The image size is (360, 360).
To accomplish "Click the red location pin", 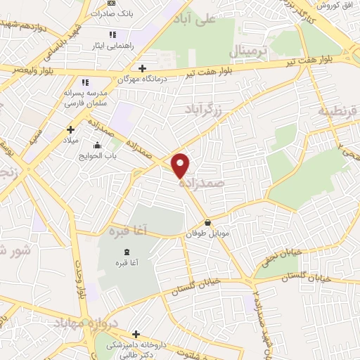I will click(x=181, y=165).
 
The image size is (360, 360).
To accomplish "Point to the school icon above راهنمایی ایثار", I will click(x=112, y=34).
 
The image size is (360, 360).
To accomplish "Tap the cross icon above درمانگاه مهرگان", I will click(x=143, y=68).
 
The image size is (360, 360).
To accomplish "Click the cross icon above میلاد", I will click(x=70, y=129).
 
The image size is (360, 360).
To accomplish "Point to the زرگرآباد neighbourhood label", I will click(x=204, y=109).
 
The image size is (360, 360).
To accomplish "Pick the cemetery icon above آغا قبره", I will click(x=126, y=252).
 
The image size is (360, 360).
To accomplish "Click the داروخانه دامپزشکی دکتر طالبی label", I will click(x=134, y=346).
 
